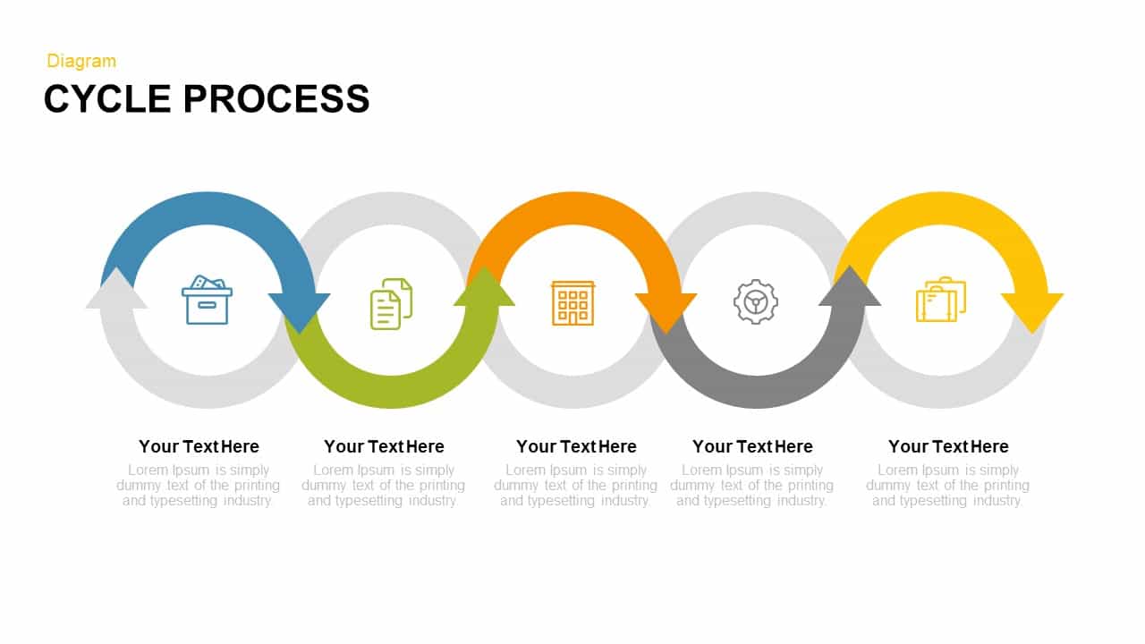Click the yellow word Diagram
pos(81,61)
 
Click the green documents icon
pos(392,303)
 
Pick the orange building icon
pos(572,302)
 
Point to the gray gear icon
pos(756,301)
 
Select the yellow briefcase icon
pos(940,300)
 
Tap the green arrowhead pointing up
pos(484,288)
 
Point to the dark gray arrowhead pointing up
pos(850,288)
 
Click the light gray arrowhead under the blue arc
pos(116,290)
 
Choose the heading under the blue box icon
pos(199,446)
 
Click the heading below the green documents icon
pos(384,446)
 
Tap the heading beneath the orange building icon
pos(576,446)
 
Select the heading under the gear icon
pos(752,446)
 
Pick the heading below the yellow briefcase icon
pos(948,446)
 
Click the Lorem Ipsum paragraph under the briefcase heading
pos(948,486)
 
